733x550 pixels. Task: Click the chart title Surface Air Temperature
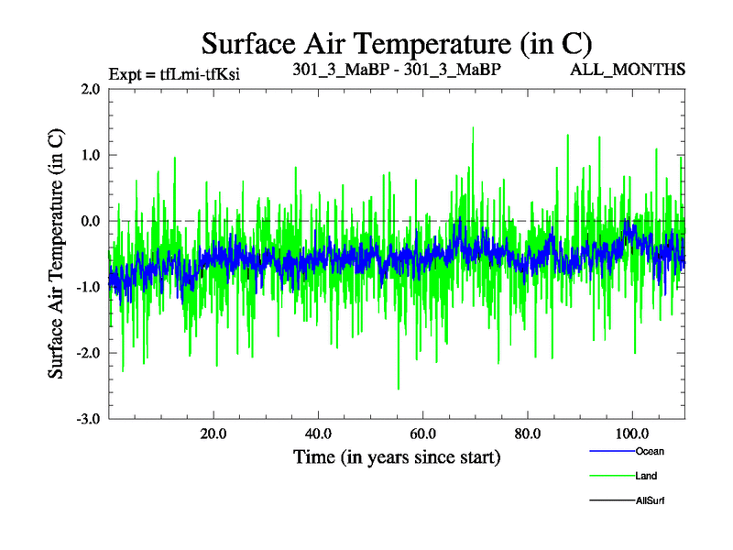pos(397,43)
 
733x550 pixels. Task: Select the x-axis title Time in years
pos(397,456)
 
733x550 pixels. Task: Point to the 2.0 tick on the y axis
pos(89,89)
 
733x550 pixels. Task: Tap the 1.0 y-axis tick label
pos(89,155)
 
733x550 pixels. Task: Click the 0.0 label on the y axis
pos(89,221)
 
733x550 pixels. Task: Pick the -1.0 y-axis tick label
pos(87,287)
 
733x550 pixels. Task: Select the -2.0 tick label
pos(87,353)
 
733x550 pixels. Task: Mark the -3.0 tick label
pos(87,419)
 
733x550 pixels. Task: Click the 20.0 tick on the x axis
pos(213,433)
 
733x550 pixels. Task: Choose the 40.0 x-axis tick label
pos(318,433)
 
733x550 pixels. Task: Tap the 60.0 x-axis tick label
pos(422,433)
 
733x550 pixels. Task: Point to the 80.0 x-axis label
pos(528,433)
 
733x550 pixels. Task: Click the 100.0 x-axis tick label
pos(632,433)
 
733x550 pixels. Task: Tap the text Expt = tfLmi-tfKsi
pos(174,73)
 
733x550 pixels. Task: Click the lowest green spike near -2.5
pos(398,388)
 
